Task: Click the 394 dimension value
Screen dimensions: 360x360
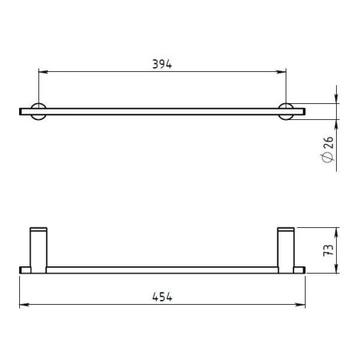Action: tap(162, 64)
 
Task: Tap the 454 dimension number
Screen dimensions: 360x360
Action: tap(162, 297)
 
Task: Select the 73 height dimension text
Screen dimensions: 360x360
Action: tap(329, 250)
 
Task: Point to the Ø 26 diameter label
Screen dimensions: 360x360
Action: tap(328, 149)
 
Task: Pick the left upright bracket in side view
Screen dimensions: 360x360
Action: tap(38, 250)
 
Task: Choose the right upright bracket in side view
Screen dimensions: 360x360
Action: tap(286, 250)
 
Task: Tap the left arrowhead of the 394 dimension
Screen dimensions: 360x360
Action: tap(43, 71)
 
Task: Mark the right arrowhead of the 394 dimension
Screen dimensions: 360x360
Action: tap(282, 71)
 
